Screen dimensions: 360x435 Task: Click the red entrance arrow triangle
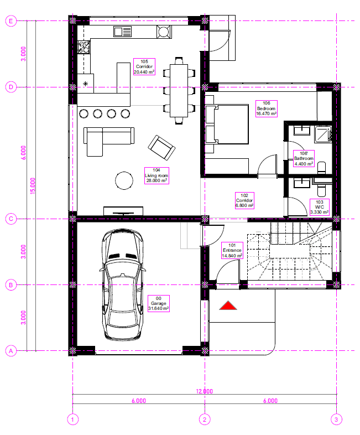[x=228, y=305]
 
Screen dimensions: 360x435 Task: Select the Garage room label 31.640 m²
[x=159, y=303]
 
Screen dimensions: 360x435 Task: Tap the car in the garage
[x=123, y=284]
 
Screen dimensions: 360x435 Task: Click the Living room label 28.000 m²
[x=156, y=175]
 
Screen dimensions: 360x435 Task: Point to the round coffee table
[x=124, y=180]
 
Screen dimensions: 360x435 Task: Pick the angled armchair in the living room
[x=161, y=148]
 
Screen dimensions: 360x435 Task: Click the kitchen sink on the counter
[x=122, y=32]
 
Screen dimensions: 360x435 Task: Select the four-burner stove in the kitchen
[x=84, y=46]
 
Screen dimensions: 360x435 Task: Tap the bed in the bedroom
[x=227, y=125]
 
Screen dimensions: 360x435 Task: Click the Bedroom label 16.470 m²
[x=267, y=108]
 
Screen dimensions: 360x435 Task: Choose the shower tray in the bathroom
[x=323, y=134]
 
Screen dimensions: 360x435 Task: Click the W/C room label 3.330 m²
[x=320, y=207]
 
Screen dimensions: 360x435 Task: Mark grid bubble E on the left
[x=11, y=21]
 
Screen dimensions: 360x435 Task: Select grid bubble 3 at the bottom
[x=336, y=419]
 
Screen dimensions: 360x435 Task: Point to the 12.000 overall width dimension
[x=205, y=391]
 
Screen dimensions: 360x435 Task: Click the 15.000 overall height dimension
[x=33, y=185]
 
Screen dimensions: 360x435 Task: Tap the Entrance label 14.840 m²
[x=232, y=251]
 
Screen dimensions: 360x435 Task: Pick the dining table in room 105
[x=179, y=90]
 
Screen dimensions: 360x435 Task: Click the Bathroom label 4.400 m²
[x=304, y=158]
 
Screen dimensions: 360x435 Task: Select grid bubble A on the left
[x=11, y=351]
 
